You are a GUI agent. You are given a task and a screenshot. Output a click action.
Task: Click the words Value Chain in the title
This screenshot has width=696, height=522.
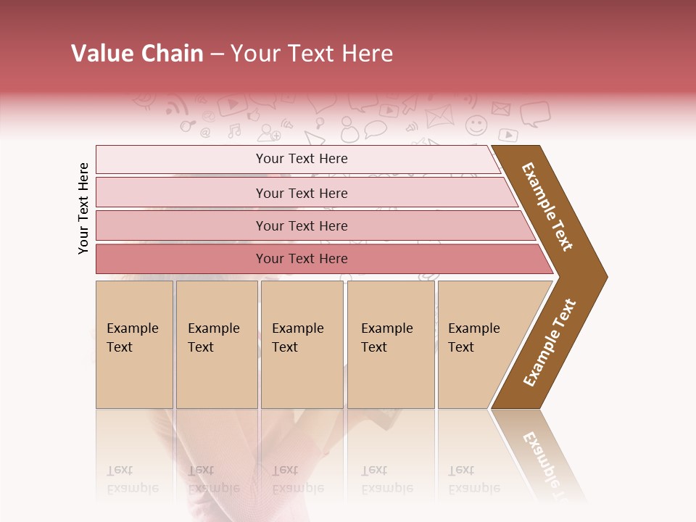(x=137, y=54)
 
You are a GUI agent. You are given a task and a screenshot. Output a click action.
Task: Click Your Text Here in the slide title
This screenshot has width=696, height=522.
(x=312, y=54)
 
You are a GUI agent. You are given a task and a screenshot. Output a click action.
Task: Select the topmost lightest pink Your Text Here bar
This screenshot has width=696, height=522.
(x=301, y=159)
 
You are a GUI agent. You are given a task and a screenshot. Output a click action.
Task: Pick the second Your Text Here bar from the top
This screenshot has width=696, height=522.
(x=301, y=193)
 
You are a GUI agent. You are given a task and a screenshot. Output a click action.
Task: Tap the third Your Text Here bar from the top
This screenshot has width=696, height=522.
(x=301, y=225)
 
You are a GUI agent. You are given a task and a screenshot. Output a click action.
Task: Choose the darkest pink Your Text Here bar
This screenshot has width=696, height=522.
(x=301, y=259)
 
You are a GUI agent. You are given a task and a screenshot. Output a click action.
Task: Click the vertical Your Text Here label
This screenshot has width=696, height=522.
(x=83, y=208)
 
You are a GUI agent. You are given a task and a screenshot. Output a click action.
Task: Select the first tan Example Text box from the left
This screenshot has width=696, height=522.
(x=134, y=344)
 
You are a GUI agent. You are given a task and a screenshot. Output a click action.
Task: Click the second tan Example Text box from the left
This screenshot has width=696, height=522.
(x=216, y=344)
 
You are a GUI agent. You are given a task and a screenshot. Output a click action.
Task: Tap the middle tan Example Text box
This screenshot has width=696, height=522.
(x=302, y=344)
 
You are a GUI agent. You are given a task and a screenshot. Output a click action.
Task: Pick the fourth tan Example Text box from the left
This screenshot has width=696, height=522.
(x=390, y=344)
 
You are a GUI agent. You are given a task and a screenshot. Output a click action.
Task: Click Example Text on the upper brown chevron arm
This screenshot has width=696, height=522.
(x=547, y=207)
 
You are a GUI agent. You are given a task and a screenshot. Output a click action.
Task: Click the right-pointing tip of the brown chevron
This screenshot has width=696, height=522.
(x=602, y=276)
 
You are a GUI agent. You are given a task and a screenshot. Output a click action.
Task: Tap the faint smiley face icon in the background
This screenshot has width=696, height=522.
(x=476, y=125)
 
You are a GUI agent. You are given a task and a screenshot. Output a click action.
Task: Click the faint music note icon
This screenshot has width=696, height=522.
(x=234, y=131)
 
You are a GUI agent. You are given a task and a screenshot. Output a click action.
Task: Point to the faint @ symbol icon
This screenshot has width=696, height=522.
(x=205, y=133)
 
